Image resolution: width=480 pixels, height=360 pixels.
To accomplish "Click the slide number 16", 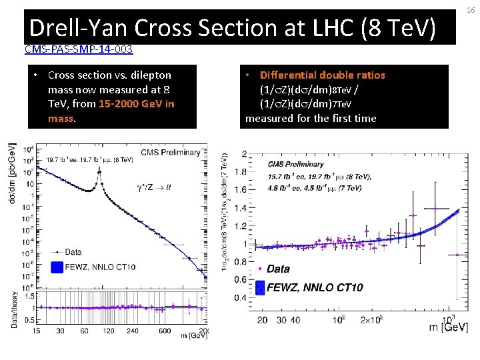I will pyautogui.click(x=470, y=11).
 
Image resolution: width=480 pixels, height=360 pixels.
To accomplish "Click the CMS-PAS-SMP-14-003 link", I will pyautogui.click(x=78, y=49).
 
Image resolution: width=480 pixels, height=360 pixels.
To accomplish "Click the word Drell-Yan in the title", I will pyautogui.click(x=78, y=28).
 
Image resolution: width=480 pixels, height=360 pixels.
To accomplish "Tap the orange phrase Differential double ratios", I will pyautogui.click(x=323, y=75).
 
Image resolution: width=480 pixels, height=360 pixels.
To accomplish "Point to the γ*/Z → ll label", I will pyautogui.click(x=153, y=187).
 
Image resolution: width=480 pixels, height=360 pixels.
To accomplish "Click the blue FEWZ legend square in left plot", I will pyautogui.click(x=58, y=267).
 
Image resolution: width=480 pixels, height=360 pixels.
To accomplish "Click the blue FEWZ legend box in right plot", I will pyautogui.click(x=257, y=288).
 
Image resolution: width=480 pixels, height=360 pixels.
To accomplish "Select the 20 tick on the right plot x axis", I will pyautogui.click(x=263, y=321).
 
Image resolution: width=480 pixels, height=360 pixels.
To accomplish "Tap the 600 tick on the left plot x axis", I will pyautogui.click(x=165, y=331).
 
